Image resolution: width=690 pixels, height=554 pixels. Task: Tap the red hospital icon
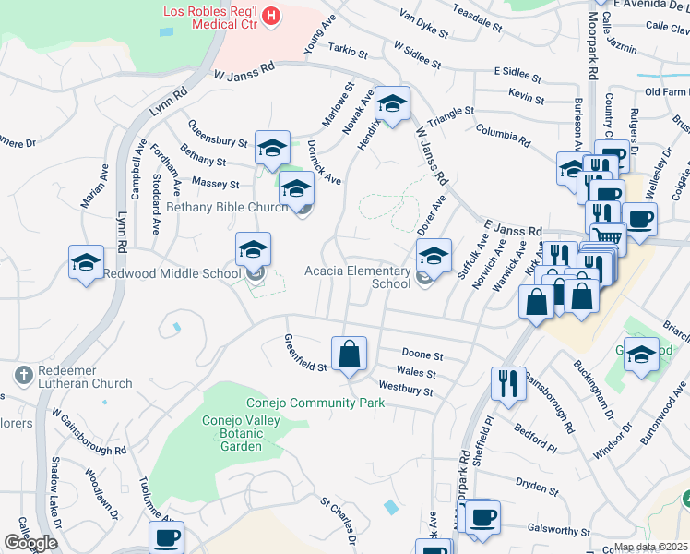click(x=271, y=15)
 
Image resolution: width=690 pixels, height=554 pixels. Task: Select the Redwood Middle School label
click(x=171, y=273)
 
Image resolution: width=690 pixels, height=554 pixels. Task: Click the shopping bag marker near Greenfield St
click(x=350, y=355)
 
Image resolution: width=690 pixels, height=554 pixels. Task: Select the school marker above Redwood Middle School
click(x=253, y=249)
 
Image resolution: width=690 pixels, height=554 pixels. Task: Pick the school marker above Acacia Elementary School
click(x=434, y=255)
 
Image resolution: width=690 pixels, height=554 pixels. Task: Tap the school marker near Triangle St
click(x=392, y=105)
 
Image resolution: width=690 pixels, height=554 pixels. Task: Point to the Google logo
click(x=30, y=543)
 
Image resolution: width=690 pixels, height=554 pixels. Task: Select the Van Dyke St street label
click(x=423, y=26)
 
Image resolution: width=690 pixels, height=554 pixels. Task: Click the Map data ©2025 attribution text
click(x=651, y=547)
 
